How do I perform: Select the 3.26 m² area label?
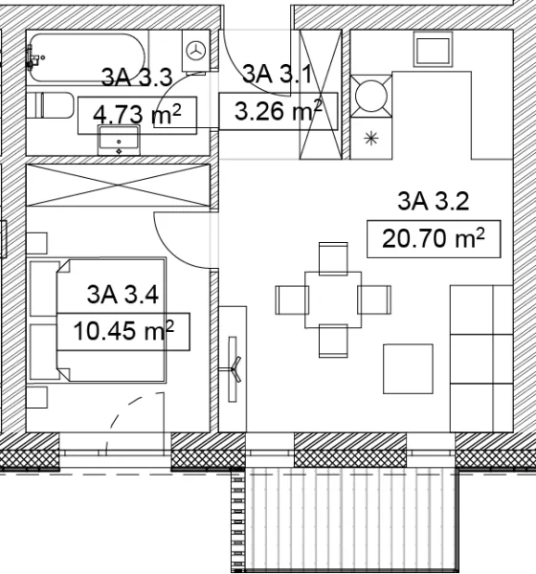(277, 112)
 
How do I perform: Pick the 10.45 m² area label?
(123, 332)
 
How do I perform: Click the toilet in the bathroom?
(52, 105)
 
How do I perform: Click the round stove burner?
(369, 94)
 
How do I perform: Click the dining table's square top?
(332, 298)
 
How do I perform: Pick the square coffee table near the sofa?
(408, 368)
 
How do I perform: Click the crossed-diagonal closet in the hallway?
(321, 94)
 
